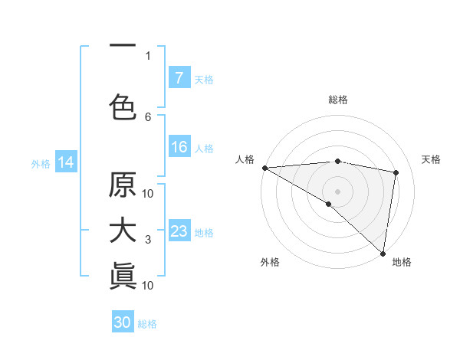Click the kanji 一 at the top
point(123,46)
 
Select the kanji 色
point(123,106)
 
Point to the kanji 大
point(123,231)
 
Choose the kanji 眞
point(123,275)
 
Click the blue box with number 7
point(179,78)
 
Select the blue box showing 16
point(179,148)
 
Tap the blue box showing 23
point(179,231)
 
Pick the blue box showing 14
point(66,162)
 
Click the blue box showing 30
point(123,322)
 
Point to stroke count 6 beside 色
point(148,116)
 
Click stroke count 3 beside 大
point(148,241)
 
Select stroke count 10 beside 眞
point(148,285)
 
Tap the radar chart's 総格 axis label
point(338,100)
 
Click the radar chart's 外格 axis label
point(270,262)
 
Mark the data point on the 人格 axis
point(264,168)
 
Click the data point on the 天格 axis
point(396,172)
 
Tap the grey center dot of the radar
point(337,191)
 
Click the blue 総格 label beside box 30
point(147,324)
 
